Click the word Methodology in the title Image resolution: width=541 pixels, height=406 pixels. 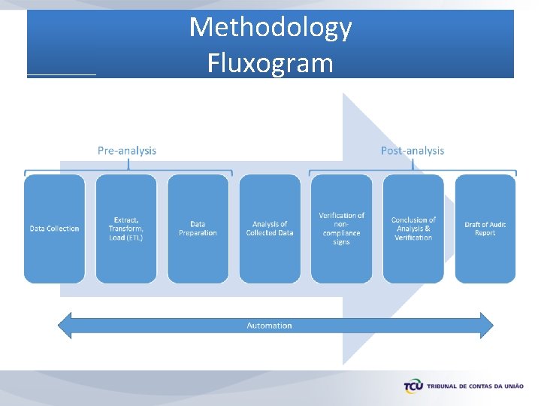point(270,27)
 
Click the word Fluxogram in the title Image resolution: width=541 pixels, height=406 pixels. point(270,62)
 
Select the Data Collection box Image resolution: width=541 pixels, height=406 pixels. point(54,229)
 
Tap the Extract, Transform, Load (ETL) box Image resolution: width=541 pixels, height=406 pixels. point(126,229)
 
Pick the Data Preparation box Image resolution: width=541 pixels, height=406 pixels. point(198,229)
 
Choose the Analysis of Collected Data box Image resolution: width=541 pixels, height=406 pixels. point(270,229)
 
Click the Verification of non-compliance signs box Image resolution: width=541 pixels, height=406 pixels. point(341,229)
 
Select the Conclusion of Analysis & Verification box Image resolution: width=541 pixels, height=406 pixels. point(413,229)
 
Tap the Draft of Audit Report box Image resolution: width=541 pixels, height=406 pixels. point(485,229)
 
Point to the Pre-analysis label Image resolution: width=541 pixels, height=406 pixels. point(127,150)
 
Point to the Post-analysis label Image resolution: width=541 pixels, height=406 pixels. point(413,150)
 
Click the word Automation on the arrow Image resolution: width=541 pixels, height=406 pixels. point(269,326)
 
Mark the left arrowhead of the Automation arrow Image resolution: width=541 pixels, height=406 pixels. point(65,325)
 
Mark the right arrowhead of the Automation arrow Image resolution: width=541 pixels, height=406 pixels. point(486,325)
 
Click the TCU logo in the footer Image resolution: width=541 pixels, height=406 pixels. point(413,386)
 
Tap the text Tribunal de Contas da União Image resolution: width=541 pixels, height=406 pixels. point(475,386)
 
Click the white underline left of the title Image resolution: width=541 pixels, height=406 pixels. point(62,75)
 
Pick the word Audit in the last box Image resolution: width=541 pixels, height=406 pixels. point(495,224)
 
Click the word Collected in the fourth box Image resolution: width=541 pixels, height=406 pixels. point(262,233)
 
